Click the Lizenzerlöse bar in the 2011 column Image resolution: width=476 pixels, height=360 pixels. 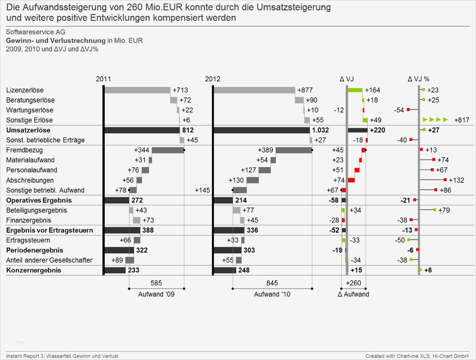137,90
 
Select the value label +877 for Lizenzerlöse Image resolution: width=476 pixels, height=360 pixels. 305,90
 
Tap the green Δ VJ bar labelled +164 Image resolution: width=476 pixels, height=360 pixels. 355,90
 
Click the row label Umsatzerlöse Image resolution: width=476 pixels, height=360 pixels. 28,130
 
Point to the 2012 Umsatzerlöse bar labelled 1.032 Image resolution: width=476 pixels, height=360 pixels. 261,130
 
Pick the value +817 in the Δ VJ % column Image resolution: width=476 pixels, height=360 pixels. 462,120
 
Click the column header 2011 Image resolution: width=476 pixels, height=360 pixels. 104,79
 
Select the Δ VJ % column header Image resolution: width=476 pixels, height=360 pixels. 418,79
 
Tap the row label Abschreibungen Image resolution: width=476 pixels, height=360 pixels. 25,180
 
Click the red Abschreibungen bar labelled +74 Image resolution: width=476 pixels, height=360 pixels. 351,180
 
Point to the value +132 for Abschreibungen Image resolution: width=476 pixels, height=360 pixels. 457,180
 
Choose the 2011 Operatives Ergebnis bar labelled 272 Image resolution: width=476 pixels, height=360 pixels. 117,200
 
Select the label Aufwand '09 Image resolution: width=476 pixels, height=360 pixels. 156,295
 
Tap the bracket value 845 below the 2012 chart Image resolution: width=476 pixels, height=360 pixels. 272,283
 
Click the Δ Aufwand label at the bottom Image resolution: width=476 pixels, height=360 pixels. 353,295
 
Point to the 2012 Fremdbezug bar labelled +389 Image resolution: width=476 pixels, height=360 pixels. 294,150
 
